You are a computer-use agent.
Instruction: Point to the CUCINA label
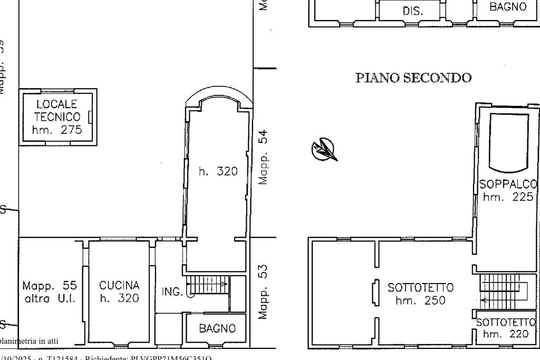[119, 286]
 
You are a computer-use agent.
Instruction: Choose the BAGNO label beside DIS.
[507, 7]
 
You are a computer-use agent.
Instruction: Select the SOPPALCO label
[508, 185]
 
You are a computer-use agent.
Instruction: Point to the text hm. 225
[508, 197]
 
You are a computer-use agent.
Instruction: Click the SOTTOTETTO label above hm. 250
[420, 288]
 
